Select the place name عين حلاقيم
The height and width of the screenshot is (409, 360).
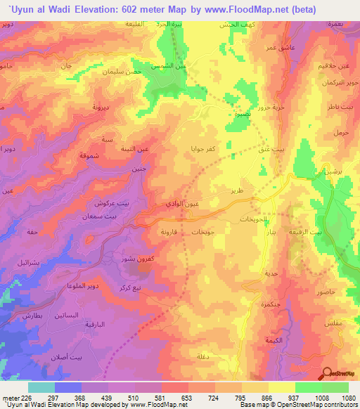340,66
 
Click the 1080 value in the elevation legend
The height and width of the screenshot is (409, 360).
347,398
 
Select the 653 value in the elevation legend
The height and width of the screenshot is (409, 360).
185,398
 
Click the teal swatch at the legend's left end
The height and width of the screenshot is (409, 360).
41,387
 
